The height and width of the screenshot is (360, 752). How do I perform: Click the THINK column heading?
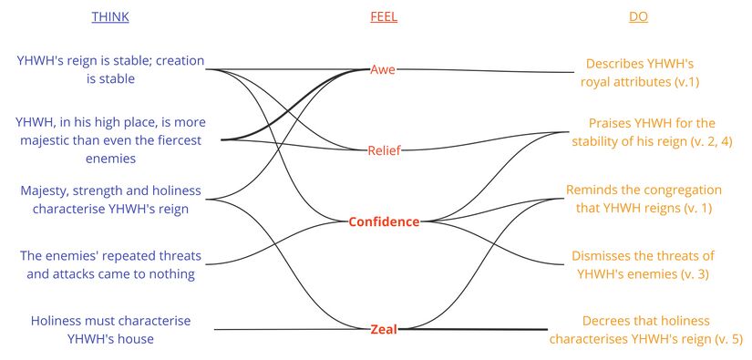coord(110,16)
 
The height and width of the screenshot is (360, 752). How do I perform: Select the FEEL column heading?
coord(384,16)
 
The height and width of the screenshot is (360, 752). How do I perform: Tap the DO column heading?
coord(639,16)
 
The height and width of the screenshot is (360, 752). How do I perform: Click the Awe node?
coord(383,69)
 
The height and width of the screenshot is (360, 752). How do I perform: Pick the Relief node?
coord(383,149)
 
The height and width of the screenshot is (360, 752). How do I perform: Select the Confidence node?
coord(384,221)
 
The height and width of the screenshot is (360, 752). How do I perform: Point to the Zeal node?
coord(383,329)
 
